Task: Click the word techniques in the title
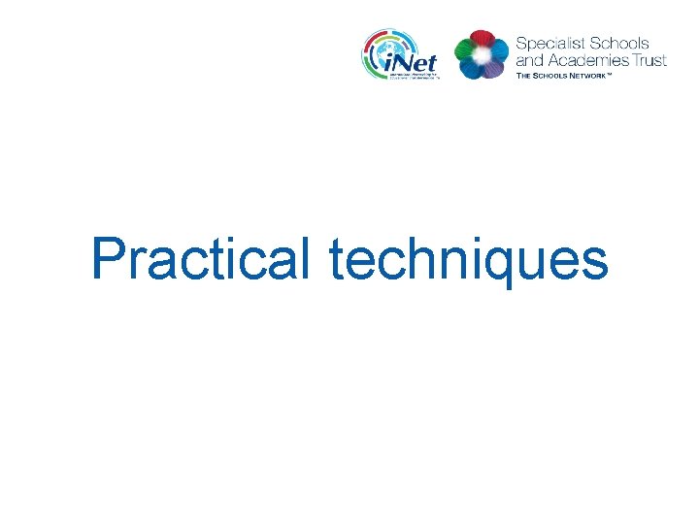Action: coord(468,260)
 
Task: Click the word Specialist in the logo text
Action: coord(549,44)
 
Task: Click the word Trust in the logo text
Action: coord(649,60)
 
